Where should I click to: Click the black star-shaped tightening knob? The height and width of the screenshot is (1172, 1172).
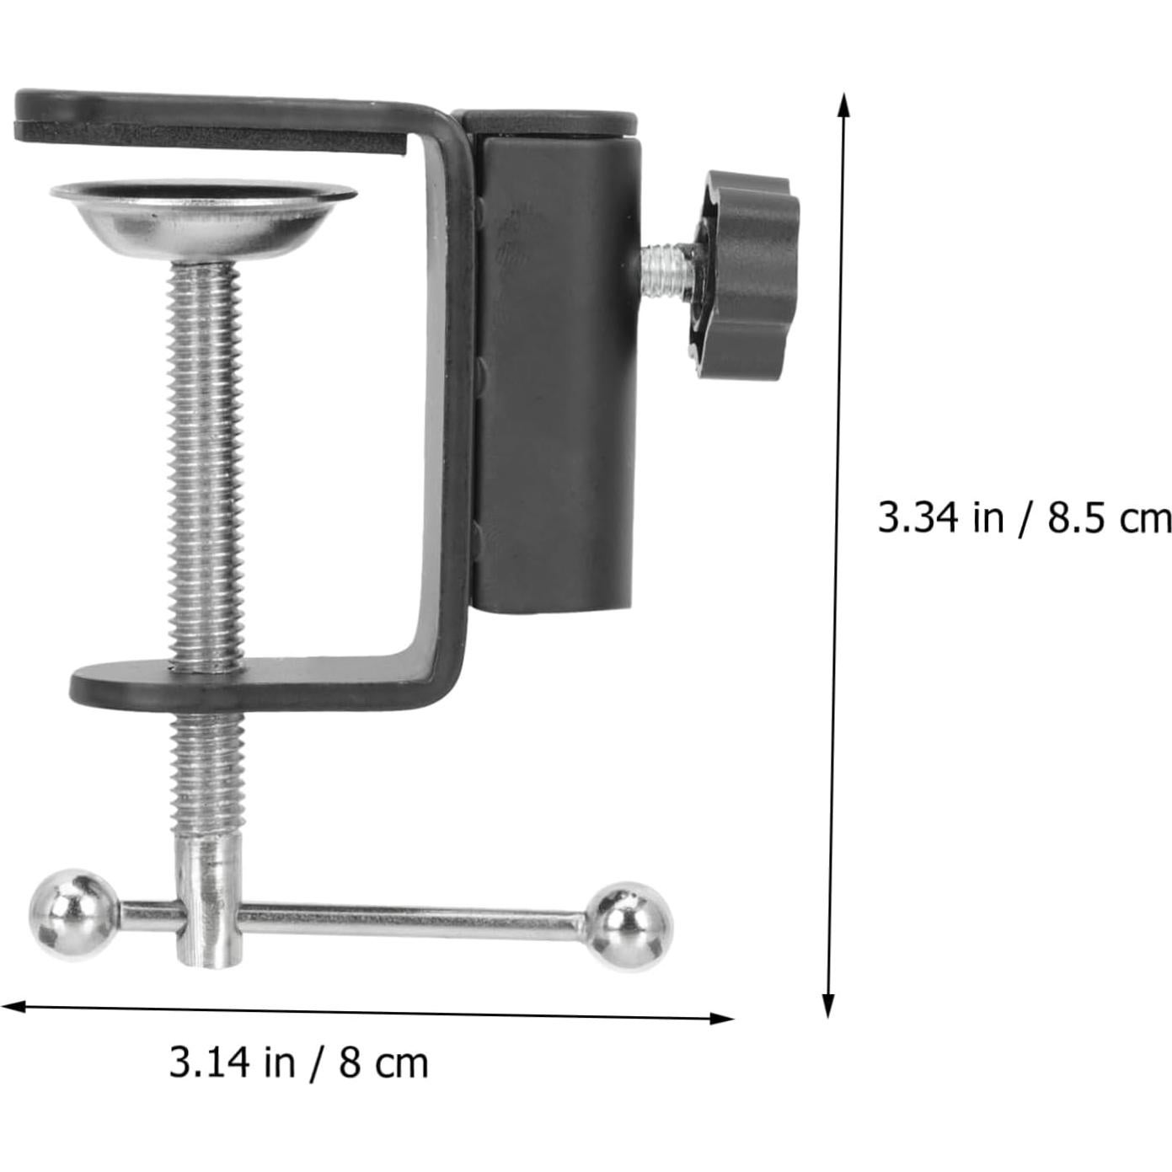[745, 275]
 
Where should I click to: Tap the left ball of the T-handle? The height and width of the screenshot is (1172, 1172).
[72, 914]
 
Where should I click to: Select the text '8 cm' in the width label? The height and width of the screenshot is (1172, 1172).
[384, 1063]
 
